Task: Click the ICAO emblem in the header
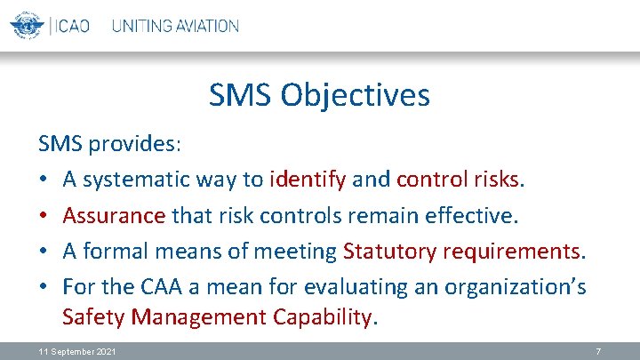click(28, 26)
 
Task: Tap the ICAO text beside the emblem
click(70, 26)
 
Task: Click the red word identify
click(308, 179)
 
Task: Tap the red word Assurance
click(114, 216)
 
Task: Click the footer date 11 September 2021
click(76, 352)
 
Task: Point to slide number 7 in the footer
click(597, 352)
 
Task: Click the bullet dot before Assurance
click(44, 216)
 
